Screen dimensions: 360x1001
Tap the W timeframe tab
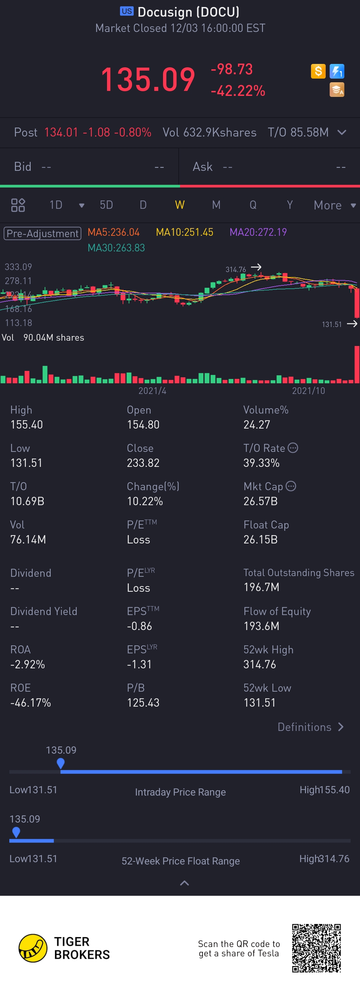click(x=180, y=205)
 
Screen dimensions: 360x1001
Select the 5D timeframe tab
click(x=106, y=205)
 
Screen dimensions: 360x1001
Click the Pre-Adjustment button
click(x=42, y=233)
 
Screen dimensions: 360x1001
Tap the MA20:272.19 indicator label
click(x=258, y=232)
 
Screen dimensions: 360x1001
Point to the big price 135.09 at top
click(x=148, y=80)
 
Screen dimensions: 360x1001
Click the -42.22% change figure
click(x=238, y=91)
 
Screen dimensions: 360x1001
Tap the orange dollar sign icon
click(x=318, y=71)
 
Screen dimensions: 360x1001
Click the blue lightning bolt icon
click(x=337, y=71)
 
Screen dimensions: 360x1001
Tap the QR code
click(x=316, y=948)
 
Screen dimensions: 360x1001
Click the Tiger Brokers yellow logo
click(x=33, y=948)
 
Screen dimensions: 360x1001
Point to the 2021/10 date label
click(x=308, y=391)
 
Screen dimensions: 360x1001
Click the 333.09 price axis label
click(x=18, y=267)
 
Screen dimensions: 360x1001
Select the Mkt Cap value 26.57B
click(x=260, y=501)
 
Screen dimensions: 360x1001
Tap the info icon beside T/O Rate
click(x=293, y=448)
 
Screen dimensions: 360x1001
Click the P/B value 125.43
click(x=143, y=703)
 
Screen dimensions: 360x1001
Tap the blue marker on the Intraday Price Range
click(x=61, y=763)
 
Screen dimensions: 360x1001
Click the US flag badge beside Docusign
click(x=127, y=11)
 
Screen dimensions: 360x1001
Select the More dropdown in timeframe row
click(x=335, y=205)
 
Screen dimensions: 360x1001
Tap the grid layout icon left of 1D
click(x=18, y=205)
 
